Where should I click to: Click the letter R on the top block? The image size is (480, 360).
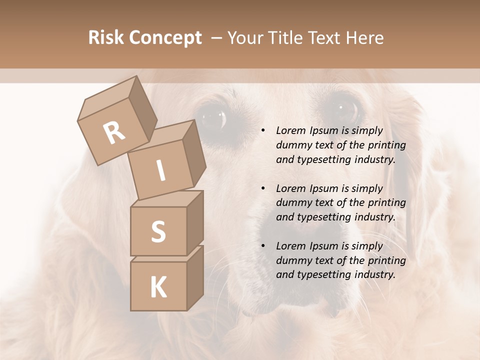(x=114, y=133)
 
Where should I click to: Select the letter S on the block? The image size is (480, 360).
(x=158, y=231)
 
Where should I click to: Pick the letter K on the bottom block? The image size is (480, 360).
(x=158, y=287)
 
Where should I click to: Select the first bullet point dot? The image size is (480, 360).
(x=263, y=131)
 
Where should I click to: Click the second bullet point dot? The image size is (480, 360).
(x=263, y=188)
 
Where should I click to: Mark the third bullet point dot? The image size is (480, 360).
(x=263, y=246)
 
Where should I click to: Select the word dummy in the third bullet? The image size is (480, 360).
(x=292, y=260)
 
